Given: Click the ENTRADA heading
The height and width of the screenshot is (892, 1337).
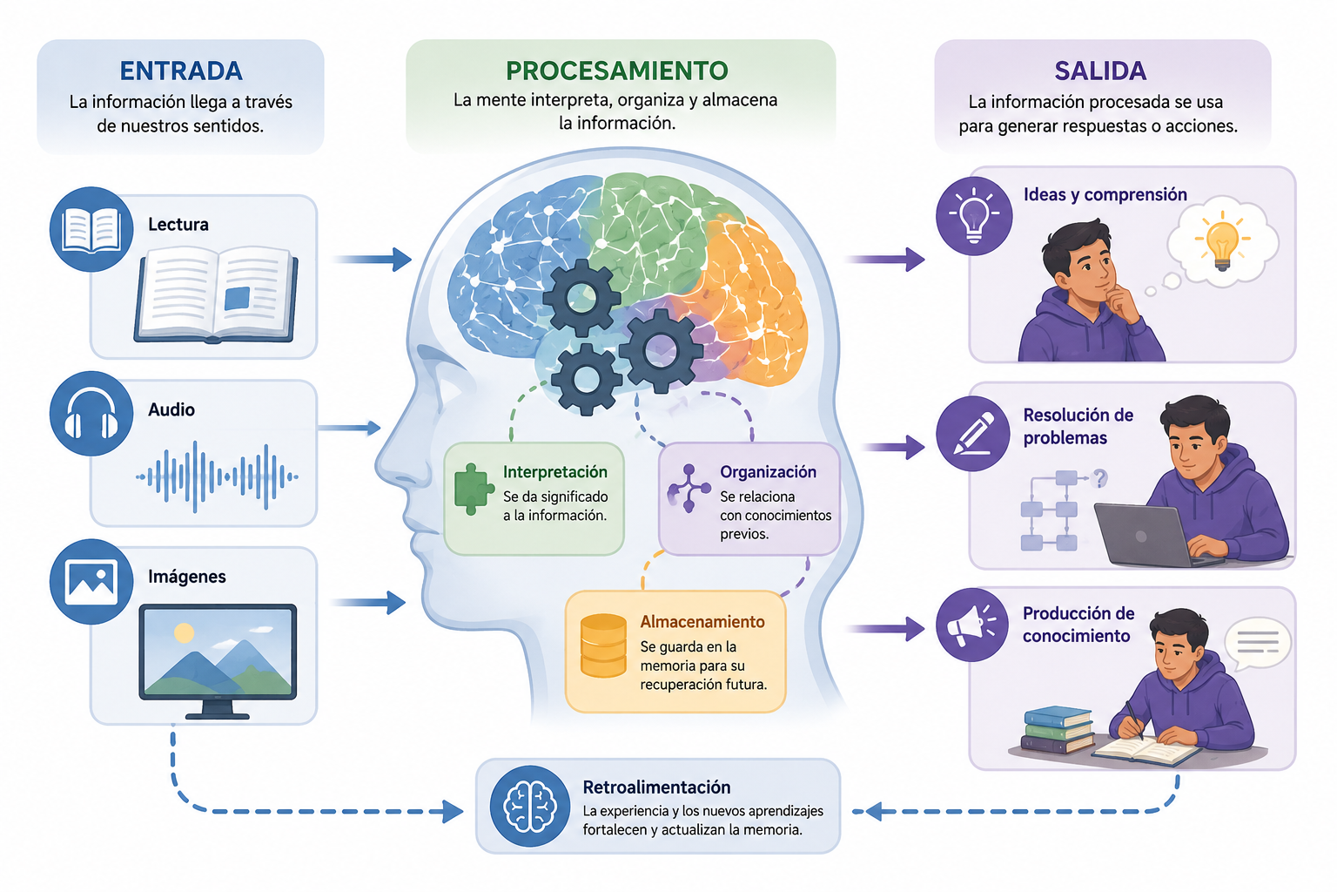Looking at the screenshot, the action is coord(181,71).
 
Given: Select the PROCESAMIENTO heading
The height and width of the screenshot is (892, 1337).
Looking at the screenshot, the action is coord(616,71).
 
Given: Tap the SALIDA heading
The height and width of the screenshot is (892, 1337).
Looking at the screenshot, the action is coord(1100,71).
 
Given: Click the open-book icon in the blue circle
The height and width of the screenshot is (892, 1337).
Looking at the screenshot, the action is coord(91,230).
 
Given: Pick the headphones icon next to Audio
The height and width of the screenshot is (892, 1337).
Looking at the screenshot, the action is coord(91,413).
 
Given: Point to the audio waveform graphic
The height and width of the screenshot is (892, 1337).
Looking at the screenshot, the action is coord(217,476).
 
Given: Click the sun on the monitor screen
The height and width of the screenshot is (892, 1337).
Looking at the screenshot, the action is coord(184,632).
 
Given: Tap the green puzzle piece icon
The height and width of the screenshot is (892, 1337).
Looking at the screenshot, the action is coord(474,489).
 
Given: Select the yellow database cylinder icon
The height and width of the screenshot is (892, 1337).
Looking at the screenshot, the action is coord(603,645).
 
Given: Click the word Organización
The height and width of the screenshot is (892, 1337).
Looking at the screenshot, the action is coord(768,472).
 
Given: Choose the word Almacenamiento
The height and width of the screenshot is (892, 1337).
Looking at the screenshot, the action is coord(702,622).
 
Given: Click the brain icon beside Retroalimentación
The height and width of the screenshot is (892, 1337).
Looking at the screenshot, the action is coord(529,807).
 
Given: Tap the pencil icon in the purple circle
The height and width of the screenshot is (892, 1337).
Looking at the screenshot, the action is coord(973,433).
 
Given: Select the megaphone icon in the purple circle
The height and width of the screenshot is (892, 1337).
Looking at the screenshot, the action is coord(971,625).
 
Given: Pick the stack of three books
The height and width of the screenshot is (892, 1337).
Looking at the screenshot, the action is coord(1058,730).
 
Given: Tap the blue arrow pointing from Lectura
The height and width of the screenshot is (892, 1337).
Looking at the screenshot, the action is coord(372,260).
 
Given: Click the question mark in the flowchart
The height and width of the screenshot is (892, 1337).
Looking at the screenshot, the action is coord(1099,478).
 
